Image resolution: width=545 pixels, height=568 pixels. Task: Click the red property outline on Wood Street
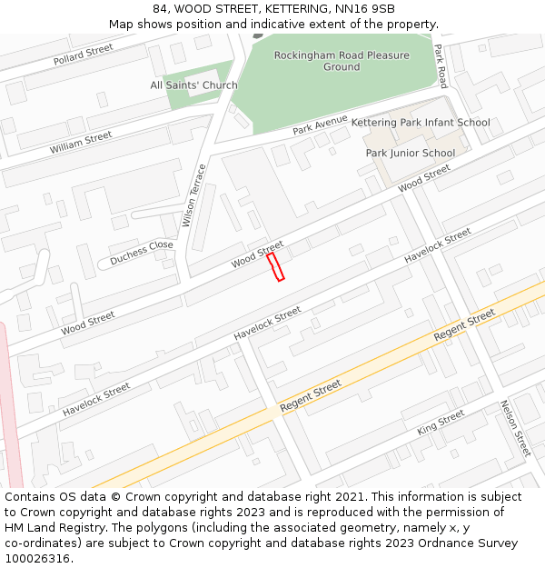[x=275, y=266]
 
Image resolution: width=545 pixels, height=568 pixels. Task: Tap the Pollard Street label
[x=83, y=55]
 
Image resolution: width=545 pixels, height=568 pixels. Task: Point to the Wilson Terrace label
[x=194, y=194]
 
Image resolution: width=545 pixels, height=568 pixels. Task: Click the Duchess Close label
[x=141, y=253]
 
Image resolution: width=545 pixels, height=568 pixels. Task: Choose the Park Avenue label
[x=320, y=125]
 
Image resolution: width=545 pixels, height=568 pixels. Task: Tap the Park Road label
[x=441, y=65]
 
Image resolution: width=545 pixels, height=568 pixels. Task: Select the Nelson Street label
[x=515, y=428]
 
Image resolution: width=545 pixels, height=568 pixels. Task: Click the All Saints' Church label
[x=193, y=85]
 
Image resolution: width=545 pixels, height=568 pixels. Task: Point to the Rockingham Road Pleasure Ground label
[x=342, y=61]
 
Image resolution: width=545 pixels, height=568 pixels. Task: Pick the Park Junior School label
[x=411, y=153]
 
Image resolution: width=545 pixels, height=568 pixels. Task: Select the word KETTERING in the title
[x=287, y=9]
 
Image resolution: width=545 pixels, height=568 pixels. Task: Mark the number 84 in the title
[x=160, y=9]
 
